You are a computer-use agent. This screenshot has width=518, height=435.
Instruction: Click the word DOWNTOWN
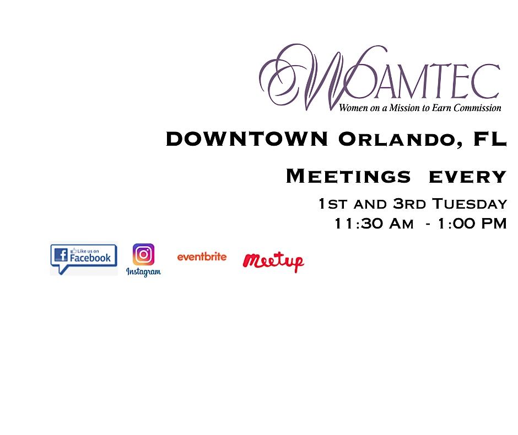point(247,140)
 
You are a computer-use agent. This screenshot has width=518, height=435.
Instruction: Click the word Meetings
point(348,177)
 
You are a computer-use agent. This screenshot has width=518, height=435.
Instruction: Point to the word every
point(467,177)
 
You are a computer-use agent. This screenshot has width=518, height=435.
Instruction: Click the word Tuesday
point(469,204)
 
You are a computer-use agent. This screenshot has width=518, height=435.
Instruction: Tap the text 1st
point(332,204)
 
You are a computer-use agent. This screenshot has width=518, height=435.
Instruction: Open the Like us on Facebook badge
point(84,258)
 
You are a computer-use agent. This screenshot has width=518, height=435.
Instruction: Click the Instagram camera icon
point(143,254)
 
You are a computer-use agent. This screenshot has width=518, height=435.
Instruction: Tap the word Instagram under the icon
point(143,272)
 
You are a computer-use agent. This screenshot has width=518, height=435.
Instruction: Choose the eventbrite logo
point(202,257)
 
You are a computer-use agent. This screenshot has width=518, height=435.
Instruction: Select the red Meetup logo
point(273,261)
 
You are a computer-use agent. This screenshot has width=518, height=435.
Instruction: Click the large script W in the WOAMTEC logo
point(309,77)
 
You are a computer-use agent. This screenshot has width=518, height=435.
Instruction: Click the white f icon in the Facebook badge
point(61,254)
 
